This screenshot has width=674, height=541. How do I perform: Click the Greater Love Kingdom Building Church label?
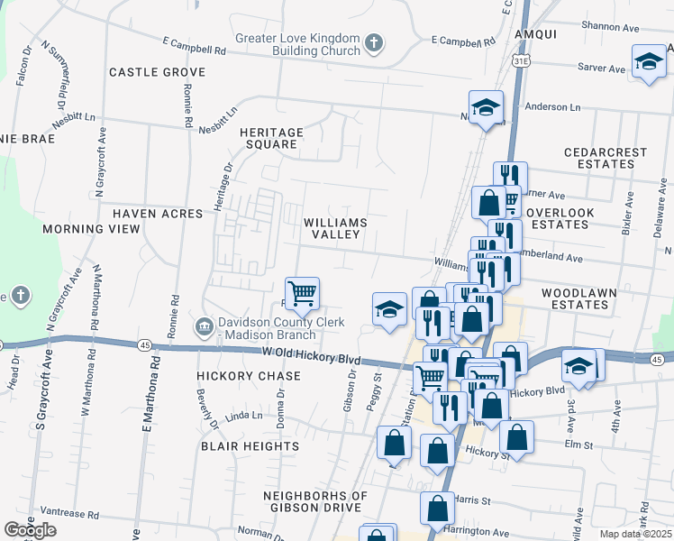pos(297,44)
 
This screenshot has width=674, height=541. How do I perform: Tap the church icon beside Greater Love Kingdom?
pos(374,43)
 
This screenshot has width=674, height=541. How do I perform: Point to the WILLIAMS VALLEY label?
pos(335,228)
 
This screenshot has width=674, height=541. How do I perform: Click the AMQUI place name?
pos(537,33)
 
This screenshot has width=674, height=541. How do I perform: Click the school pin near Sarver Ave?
pos(648,61)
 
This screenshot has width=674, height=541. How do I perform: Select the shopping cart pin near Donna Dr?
pos(303,292)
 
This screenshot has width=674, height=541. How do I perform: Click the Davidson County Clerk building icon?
pos(205,325)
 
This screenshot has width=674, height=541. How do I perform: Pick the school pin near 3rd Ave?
pos(578,365)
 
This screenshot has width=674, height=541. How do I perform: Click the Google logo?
pos(30,530)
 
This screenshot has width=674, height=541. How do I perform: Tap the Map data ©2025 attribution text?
pos(636,534)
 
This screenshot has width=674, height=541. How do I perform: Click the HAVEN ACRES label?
pos(149,214)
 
